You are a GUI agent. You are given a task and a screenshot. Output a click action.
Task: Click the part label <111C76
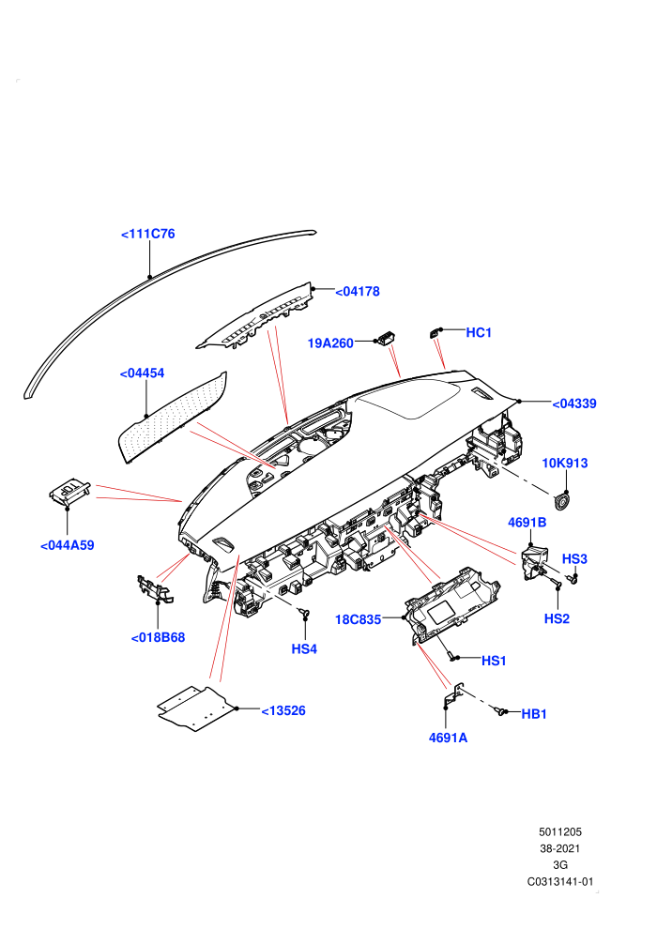[148, 234]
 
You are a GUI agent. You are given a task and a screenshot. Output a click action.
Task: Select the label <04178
[358, 292]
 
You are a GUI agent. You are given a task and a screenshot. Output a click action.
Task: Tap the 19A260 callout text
[330, 343]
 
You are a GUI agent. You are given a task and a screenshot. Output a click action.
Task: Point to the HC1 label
[479, 332]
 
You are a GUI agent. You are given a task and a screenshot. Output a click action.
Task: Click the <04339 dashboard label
[574, 404]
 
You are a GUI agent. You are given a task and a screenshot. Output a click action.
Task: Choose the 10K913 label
[565, 463]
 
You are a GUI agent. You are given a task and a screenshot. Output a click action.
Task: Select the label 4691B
[527, 523]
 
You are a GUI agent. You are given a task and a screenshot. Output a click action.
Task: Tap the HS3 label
[574, 558]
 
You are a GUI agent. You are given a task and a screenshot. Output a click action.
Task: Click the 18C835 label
[358, 619]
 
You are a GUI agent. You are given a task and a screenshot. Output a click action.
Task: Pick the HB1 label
[534, 714]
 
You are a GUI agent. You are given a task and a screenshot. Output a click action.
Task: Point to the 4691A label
[448, 738]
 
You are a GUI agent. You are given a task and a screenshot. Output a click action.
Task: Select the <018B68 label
[159, 637]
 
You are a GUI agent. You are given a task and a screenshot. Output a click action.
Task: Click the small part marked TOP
[69, 491]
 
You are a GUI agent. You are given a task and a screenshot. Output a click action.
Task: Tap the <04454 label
[142, 373]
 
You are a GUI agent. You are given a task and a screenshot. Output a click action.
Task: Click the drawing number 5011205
[560, 831]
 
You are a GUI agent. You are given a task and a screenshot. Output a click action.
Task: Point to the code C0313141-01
[560, 881]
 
